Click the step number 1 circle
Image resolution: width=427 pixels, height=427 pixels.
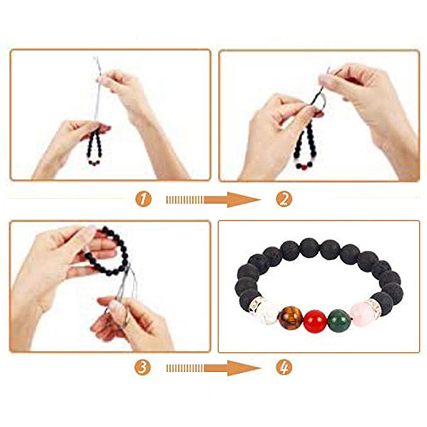[143, 199]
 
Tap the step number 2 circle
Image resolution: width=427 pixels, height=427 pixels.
[284, 199]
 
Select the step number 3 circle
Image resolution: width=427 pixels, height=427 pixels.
[143, 367]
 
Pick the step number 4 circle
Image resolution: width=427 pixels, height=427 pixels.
[284, 367]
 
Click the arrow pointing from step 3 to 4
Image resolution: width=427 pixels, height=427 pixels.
[213, 368]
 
